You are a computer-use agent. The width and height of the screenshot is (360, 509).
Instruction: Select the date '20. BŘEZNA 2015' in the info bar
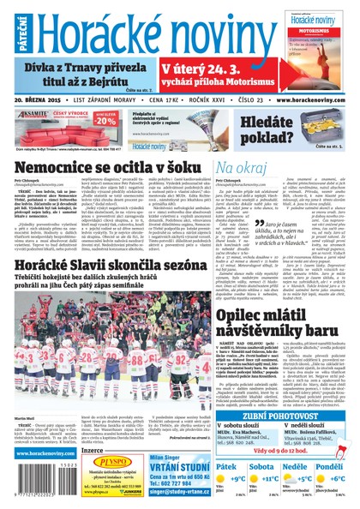tap(42, 98)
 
